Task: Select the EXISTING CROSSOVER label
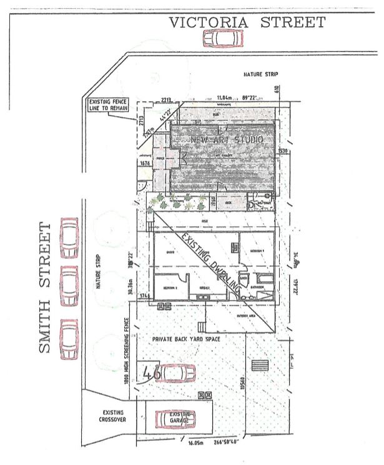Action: (113, 417)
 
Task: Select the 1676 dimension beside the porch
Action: (145, 164)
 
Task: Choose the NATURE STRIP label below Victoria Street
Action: (261, 75)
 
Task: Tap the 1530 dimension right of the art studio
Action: (282, 152)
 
